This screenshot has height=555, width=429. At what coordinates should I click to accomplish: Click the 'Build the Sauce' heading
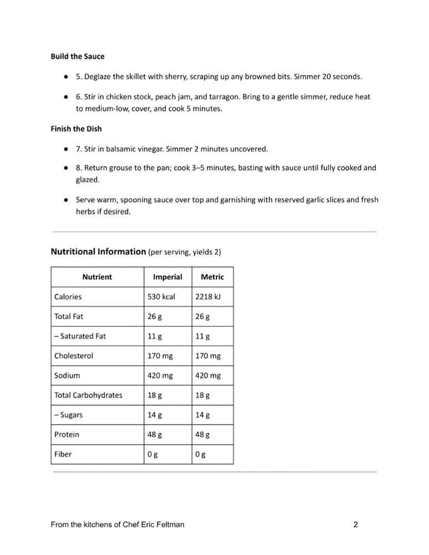[77, 57]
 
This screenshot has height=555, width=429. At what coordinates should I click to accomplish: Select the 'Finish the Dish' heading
[76, 129]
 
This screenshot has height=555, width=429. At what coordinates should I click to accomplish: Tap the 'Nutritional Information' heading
[98, 252]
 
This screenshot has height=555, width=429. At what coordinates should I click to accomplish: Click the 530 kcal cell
[161, 297]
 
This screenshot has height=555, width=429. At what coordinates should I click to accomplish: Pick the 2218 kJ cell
[208, 297]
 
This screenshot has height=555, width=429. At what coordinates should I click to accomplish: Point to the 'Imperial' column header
[167, 277]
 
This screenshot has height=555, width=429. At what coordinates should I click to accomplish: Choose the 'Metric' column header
[212, 277]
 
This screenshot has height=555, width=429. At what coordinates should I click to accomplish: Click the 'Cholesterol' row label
[74, 356]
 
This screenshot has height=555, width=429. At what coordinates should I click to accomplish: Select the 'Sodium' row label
[67, 376]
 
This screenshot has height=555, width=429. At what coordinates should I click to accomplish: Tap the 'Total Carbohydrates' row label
[88, 396]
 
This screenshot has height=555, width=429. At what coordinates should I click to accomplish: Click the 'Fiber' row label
[63, 454]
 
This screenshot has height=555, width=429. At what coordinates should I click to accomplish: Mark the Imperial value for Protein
[155, 435]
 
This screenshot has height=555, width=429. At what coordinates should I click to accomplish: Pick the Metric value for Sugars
[203, 415]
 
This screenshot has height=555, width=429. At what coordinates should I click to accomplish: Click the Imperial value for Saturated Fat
[154, 336]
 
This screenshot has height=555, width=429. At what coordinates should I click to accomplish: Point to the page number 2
[356, 524]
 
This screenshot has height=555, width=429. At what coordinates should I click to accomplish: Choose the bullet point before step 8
[65, 168]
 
